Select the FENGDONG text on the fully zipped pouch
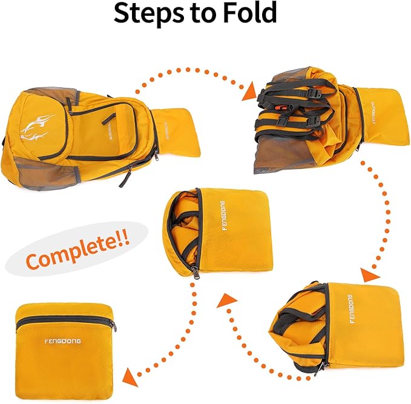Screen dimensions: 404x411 (x=62, y=341)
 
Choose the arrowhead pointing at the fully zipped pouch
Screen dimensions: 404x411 (x=128, y=377)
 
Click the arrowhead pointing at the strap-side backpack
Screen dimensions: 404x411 (x=248, y=91)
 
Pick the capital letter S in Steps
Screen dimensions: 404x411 (x=123, y=14)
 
